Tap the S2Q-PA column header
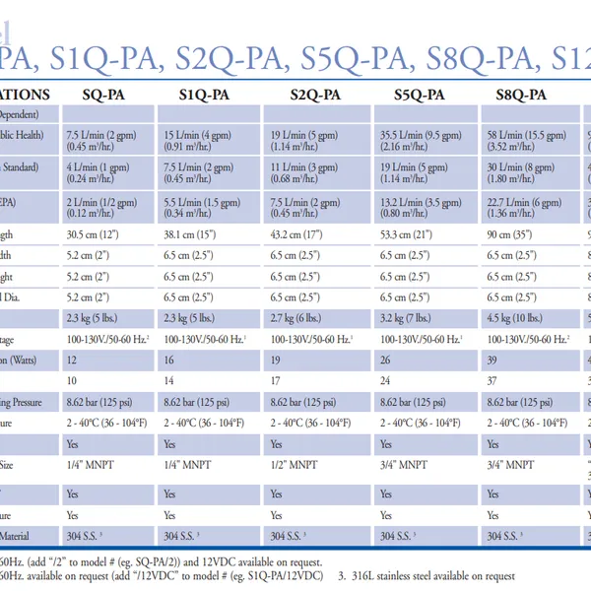click(x=315, y=96)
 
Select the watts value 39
click(x=492, y=360)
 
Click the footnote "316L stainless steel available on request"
click(x=433, y=576)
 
